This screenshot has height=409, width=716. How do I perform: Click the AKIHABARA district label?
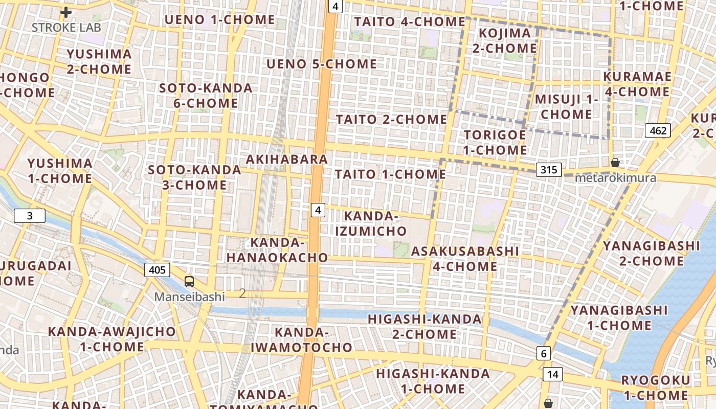287,159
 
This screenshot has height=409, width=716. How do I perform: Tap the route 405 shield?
157,269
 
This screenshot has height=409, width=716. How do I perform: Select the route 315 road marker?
549,169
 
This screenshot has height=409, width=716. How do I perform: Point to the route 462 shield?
658,130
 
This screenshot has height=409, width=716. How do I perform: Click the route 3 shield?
30,216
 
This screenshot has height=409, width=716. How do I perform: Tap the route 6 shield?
543,353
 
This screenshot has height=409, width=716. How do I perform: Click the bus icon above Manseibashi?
189,281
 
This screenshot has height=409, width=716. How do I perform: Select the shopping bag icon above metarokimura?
615,163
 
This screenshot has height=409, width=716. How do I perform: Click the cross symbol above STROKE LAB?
66,12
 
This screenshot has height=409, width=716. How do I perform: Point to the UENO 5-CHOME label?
322,64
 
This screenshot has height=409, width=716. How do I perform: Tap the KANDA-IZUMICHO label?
371,223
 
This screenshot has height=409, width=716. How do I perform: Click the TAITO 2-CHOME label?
391,119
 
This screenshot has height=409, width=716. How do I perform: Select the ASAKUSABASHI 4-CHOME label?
465,258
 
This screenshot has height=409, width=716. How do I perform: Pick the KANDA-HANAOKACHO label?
277,249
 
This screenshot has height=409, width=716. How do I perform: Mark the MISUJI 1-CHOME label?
566,106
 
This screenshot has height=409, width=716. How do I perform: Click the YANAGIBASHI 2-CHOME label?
651,253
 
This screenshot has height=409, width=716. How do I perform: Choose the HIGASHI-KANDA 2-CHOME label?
424,327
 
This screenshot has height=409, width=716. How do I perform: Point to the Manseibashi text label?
190,297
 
